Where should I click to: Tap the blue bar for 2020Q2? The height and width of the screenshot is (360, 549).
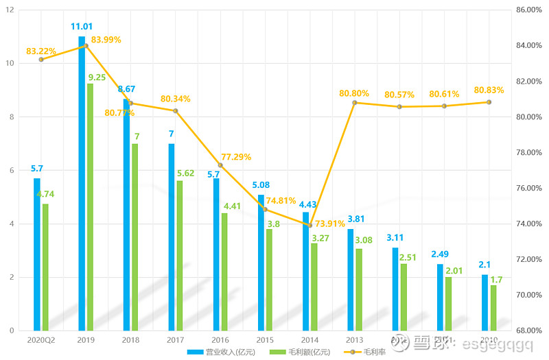(x=37, y=254)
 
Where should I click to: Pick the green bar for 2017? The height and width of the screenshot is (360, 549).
(x=180, y=256)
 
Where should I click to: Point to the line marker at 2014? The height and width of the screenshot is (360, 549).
(x=310, y=225)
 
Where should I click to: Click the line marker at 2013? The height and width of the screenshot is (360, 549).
(x=355, y=103)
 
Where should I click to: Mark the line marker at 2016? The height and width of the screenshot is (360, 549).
(x=220, y=165)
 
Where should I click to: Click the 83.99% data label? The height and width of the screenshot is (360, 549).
(x=106, y=40)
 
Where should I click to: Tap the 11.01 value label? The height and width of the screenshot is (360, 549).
(x=82, y=27)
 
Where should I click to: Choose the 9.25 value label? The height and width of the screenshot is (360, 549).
(x=96, y=77)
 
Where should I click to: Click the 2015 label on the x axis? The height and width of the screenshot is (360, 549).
(x=266, y=339)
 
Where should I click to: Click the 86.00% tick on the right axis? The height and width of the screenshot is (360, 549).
(x=529, y=10)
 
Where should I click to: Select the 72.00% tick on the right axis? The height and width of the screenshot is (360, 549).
(x=529, y=260)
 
